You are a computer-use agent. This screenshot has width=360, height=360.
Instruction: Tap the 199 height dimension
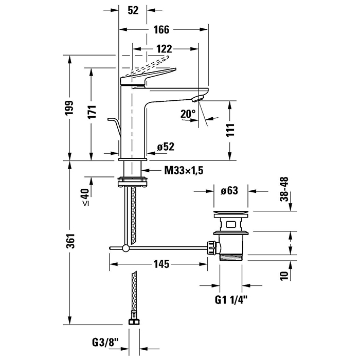coord(73,108)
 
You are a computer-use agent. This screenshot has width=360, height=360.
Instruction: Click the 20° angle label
coord(188,114)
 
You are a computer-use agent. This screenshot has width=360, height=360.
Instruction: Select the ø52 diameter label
coord(166,147)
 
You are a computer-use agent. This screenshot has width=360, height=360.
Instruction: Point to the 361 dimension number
coord(73,241)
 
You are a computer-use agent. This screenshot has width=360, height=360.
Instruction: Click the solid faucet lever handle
coord(149,76)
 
